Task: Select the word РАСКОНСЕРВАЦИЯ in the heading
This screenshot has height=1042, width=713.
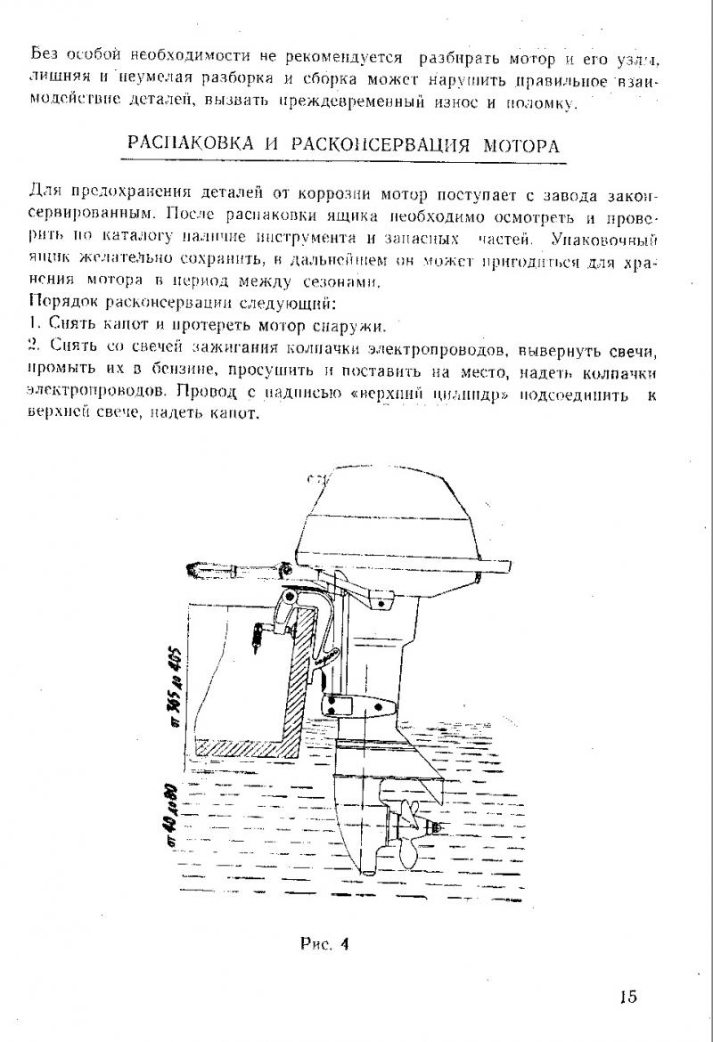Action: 373,144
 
